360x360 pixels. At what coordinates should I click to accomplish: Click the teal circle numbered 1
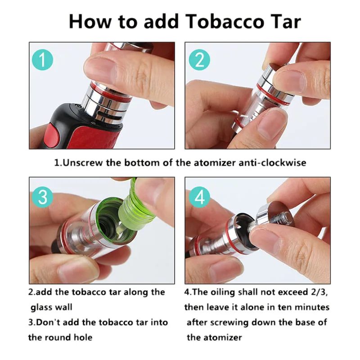pos(42,60)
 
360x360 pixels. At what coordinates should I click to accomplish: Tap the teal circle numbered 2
pos(199,60)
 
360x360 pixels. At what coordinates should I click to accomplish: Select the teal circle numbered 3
pos(42,197)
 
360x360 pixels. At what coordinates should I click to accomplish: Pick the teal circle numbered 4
pos(199,197)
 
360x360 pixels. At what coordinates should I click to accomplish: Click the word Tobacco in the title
pos(225,22)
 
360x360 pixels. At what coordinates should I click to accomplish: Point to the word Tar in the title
pos(285,22)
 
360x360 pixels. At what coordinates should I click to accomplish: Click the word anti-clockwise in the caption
pos(272,162)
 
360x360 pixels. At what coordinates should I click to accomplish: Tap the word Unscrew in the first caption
pos(83,162)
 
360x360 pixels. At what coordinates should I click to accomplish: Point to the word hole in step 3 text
pos(83,337)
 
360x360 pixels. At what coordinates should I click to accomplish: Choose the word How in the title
pos(90,22)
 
